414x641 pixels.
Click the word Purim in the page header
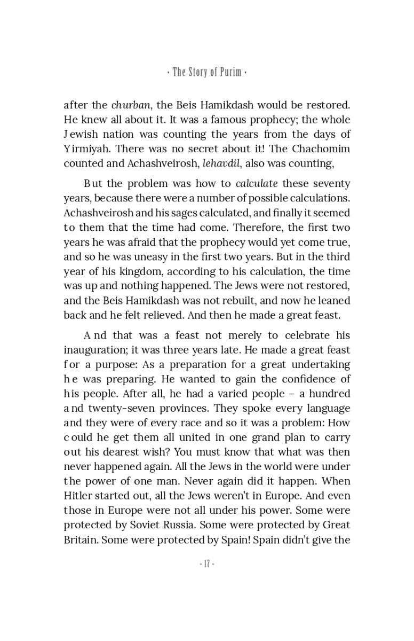229,72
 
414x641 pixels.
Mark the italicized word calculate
257,184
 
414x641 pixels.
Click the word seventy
331,184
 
